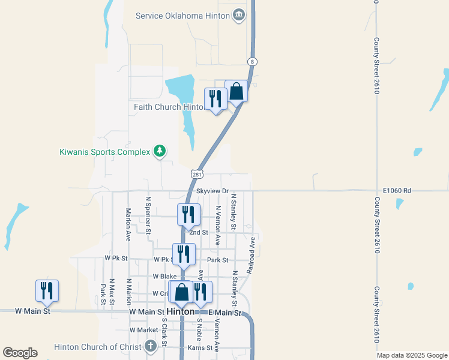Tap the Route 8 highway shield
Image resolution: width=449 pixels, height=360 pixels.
[x=253, y=62]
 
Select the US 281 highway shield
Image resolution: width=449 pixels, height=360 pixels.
[x=197, y=174]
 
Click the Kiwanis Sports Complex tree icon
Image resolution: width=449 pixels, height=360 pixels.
[x=159, y=151]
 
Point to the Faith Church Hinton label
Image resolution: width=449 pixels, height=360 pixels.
[x=169, y=107]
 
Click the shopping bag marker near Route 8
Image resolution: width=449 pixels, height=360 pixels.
[x=236, y=92]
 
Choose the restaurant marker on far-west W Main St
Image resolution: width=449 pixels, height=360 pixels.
[x=47, y=291]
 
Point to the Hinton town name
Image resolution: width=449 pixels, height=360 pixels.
[x=181, y=312]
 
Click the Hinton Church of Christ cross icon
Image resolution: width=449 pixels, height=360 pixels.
[x=151, y=346]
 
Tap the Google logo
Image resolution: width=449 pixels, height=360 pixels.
[x=20, y=353]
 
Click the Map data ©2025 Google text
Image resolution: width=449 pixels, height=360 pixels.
[x=411, y=355]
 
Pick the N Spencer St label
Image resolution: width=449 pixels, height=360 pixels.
[x=148, y=214]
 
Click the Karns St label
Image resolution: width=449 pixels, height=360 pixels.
[x=201, y=347]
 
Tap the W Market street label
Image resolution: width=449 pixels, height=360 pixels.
[x=143, y=330]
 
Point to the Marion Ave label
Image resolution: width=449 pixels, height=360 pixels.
[x=128, y=224]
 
